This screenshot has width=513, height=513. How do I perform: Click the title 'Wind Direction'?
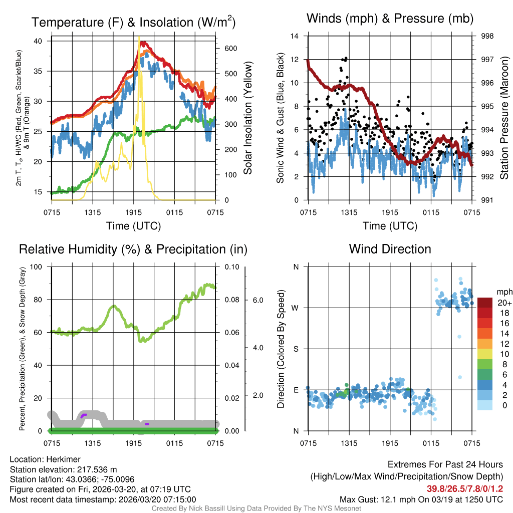pyautogui.click(x=390, y=249)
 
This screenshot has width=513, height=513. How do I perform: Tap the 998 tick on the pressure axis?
pyautogui.click(x=487, y=36)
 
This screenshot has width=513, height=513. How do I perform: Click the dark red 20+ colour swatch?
pyautogui.click(x=485, y=303)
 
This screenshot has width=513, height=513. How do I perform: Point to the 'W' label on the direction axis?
pyautogui.click(x=296, y=308)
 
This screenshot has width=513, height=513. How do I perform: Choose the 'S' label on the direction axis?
pyautogui.click(x=296, y=349)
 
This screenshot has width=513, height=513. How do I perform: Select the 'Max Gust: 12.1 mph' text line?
pyautogui.click(x=421, y=499)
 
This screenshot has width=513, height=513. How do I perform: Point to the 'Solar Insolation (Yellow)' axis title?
pyautogui.click(x=247, y=118)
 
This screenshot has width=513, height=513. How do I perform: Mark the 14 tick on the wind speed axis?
pyautogui.click(x=295, y=36)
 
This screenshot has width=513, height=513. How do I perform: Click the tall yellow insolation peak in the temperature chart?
pyautogui.click(x=140, y=45)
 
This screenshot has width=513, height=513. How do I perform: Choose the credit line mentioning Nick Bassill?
pyautogui.click(x=256, y=508)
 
